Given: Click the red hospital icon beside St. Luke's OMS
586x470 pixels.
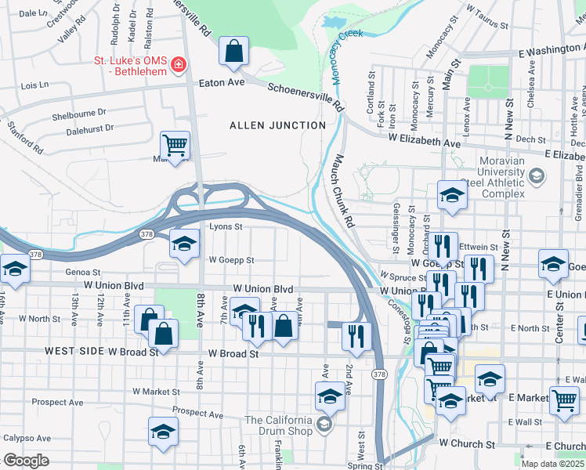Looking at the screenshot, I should [179, 63].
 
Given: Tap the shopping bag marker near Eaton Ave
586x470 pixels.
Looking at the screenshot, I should [233, 52].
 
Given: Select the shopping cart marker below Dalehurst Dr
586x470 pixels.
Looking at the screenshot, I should [175, 145].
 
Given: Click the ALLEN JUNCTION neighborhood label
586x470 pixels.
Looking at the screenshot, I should [277, 125].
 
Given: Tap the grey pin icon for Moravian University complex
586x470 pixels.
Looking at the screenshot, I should [537, 175].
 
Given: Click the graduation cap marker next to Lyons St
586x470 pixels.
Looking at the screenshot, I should [184, 244].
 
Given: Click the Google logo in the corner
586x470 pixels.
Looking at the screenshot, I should [26, 461].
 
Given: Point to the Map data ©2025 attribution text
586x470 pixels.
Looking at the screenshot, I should [553, 464].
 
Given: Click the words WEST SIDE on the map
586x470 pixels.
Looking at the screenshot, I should [74, 352].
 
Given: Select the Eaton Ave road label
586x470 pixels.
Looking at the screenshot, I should [222, 81].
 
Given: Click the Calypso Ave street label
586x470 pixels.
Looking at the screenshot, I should [26, 439].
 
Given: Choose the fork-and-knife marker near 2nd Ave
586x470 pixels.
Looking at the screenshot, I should [356, 336].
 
